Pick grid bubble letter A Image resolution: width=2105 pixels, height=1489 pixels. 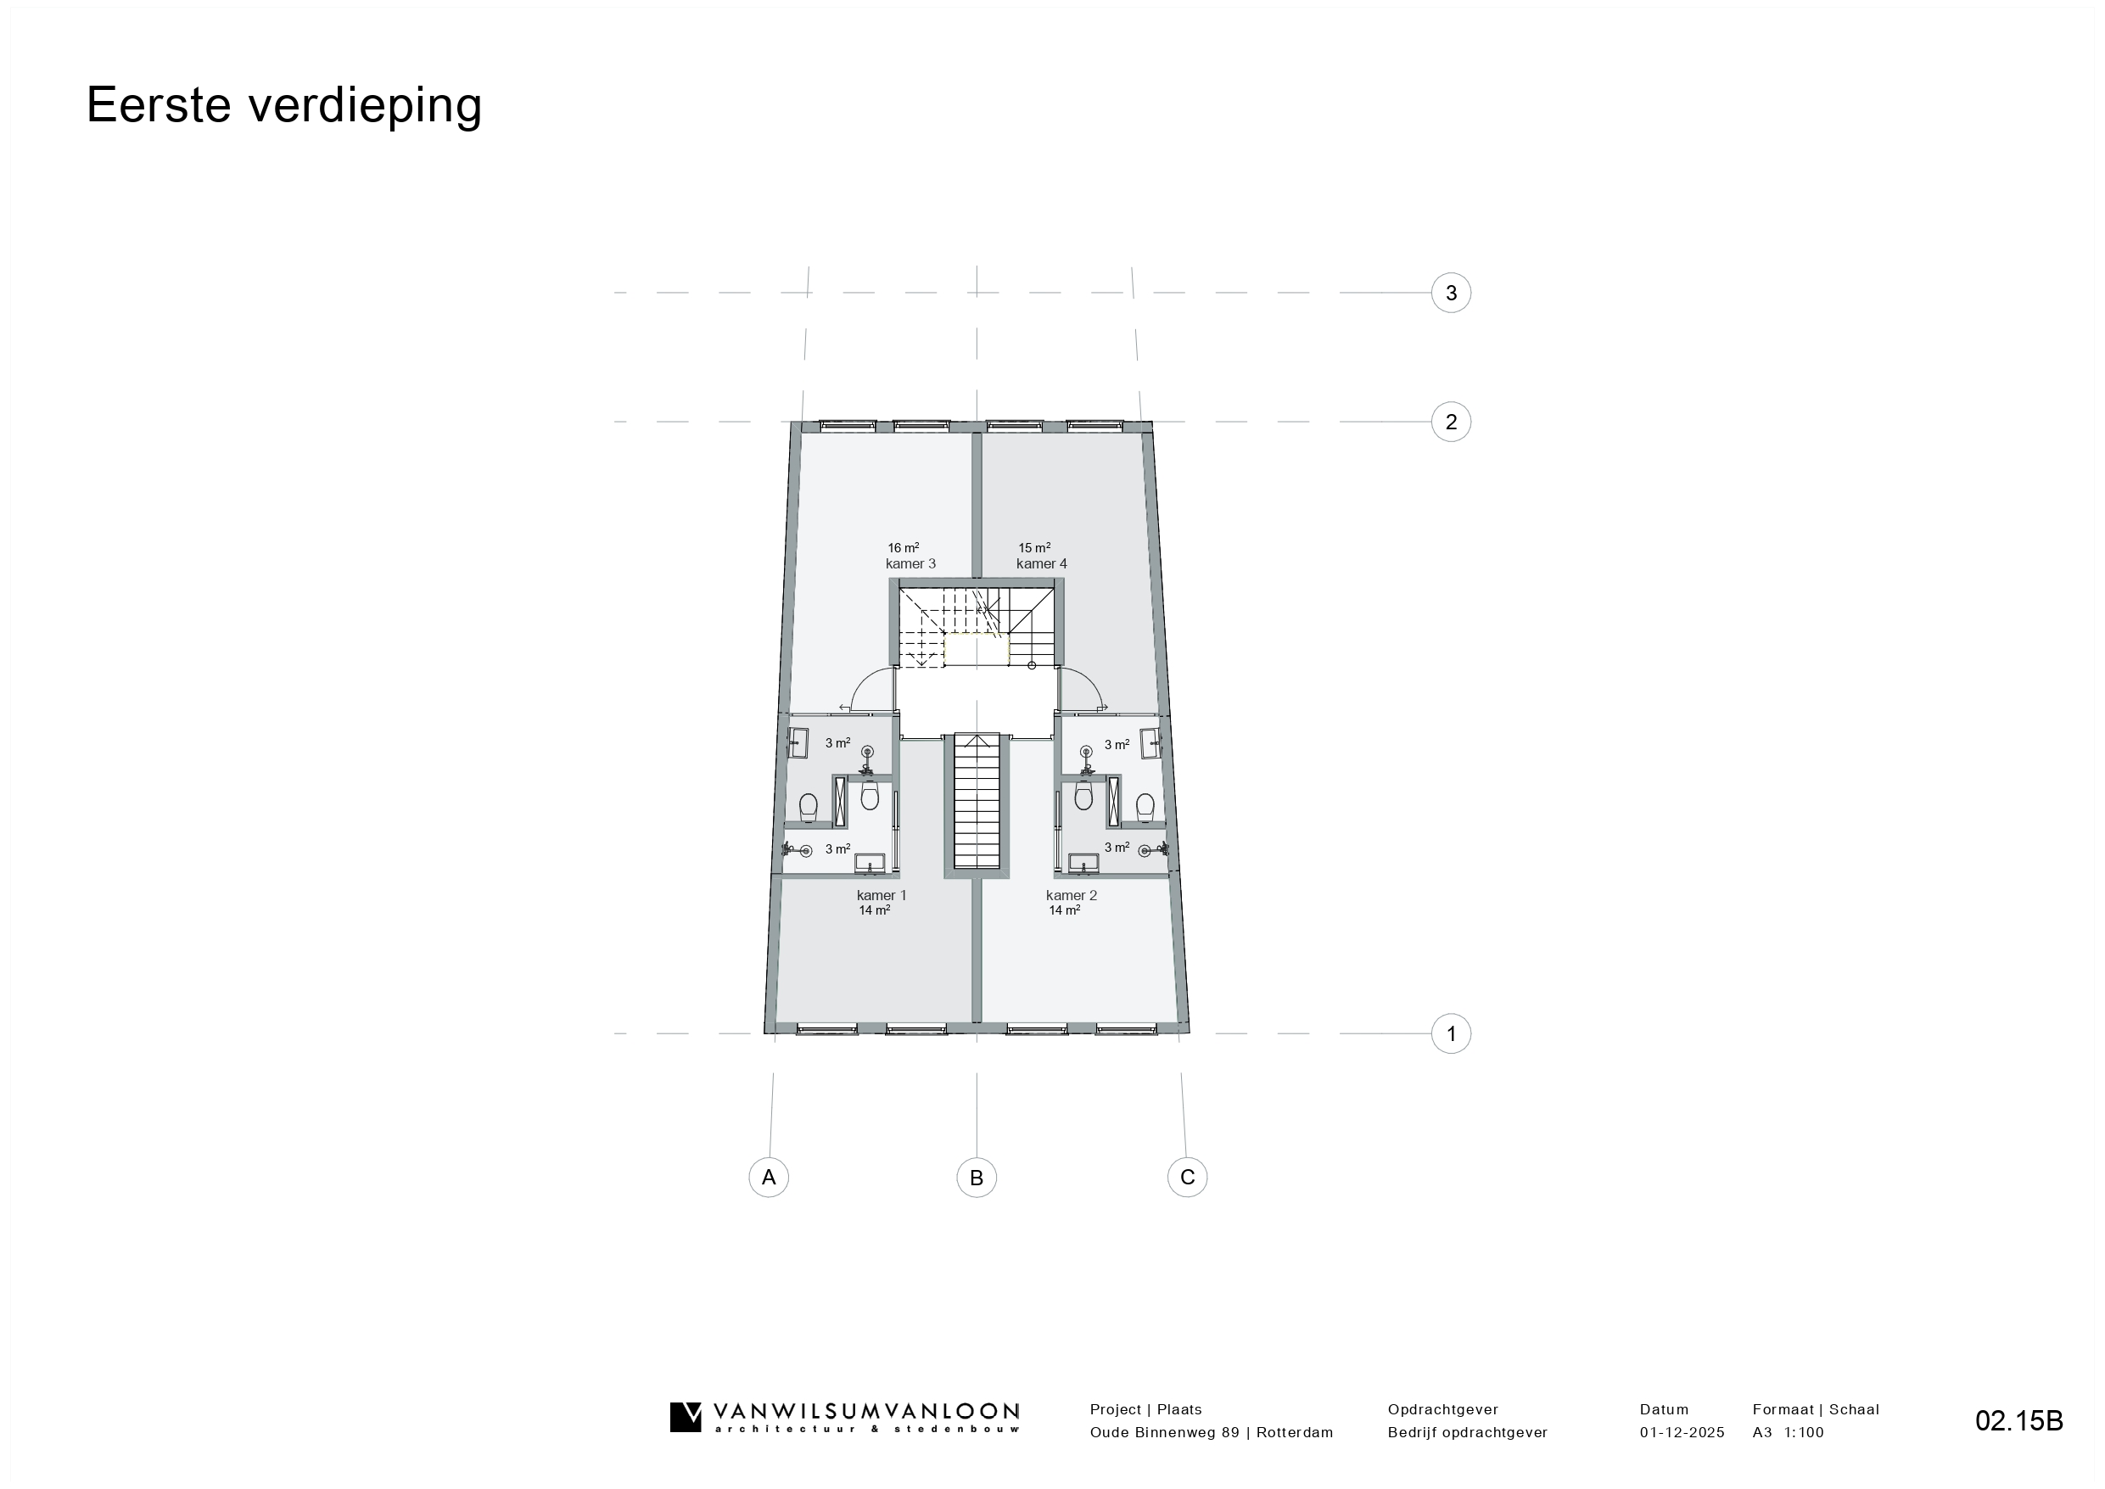pos(769,1178)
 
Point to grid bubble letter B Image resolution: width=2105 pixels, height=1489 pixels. pos(977,1178)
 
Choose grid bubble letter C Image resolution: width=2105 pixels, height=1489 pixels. pos(1187,1178)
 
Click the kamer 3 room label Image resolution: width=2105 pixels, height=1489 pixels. pos(910,564)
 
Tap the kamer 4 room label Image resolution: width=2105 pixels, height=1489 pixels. pos(1042,564)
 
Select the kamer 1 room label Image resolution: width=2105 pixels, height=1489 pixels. pos(882,896)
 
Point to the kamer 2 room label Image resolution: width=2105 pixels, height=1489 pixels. pos(1071,896)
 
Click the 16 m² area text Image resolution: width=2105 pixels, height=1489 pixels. pos(903,548)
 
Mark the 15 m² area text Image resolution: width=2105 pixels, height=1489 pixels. pos(1034,548)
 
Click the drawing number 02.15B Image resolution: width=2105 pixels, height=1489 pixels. pos(2018,1420)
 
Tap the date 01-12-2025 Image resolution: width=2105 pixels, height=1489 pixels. pos(1682,1432)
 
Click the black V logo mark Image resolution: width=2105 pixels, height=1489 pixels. pos(686,1417)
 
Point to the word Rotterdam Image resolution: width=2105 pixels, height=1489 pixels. pos(1295,1432)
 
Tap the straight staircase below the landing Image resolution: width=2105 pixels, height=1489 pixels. pos(977,800)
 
